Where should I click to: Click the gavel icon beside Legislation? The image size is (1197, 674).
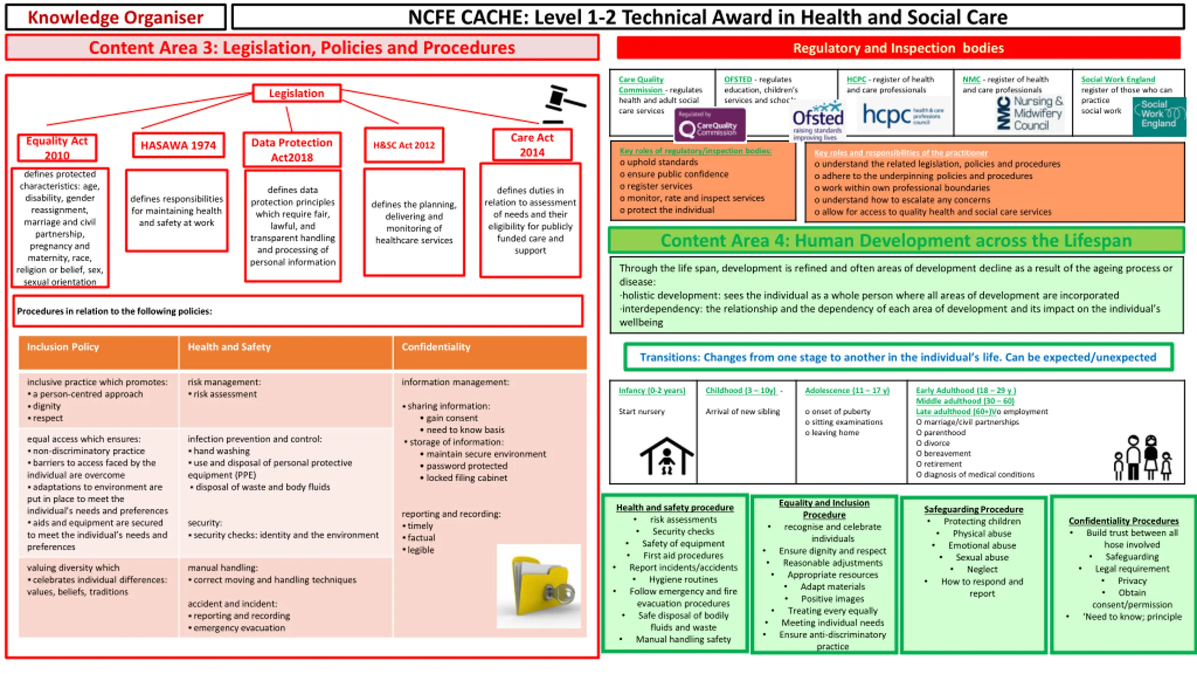tap(563, 104)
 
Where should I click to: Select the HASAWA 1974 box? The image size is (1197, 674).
tap(178, 146)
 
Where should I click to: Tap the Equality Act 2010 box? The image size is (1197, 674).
tap(57, 148)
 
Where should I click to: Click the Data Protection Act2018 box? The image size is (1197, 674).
tap(292, 150)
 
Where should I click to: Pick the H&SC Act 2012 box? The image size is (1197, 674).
tap(404, 145)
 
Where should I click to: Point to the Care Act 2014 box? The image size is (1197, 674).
tap(532, 145)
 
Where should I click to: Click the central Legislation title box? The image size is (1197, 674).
tap(296, 93)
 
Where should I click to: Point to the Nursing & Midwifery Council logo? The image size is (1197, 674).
tap(1030, 113)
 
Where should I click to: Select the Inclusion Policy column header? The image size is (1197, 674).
tap(63, 347)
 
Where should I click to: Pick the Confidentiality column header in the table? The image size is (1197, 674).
tap(436, 347)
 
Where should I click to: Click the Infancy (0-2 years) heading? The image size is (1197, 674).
tap(652, 390)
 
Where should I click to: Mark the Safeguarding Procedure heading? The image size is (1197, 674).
tap(973, 509)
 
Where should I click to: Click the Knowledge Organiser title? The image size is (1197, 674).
tap(115, 18)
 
